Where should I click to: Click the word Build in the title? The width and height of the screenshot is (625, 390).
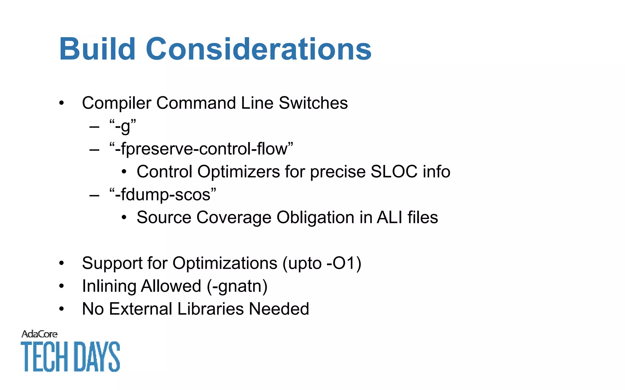point(97,49)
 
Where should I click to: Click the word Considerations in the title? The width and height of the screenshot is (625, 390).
point(258,49)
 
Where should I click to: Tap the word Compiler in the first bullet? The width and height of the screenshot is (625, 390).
point(117,103)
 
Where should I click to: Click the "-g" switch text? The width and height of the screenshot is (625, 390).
point(123,126)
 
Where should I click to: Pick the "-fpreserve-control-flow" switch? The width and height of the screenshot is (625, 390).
point(201,149)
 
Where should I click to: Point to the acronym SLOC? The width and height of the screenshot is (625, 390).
point(394,172)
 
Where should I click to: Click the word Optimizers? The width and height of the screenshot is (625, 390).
point(239,172)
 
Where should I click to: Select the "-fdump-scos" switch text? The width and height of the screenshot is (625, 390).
point(163,195)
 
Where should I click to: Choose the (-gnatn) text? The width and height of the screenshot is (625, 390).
point(237,286)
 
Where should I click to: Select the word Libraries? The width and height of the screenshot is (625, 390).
point(211,309)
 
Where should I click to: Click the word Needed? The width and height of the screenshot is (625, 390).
point(279,309)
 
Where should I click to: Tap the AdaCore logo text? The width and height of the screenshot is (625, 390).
point(39,334)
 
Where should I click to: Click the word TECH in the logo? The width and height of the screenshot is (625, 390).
point(44,356)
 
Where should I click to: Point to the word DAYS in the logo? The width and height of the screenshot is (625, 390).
point(97,356)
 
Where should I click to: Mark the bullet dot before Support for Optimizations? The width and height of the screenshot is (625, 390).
point(62,263)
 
